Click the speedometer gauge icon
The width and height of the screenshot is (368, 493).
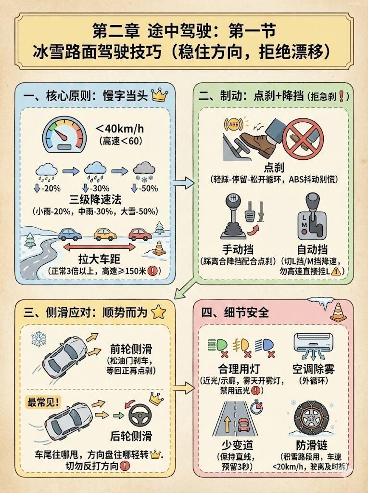(x=64, y=135)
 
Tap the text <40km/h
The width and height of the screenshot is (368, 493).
(x=120, y=129)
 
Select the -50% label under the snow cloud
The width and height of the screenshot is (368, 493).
(x=145, y=188)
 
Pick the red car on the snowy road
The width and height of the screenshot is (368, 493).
(x=140, y=234)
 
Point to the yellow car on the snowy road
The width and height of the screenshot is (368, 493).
(x=105, y=234)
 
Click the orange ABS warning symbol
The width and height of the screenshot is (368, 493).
(x=233, y=124)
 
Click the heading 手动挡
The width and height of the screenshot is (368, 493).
(x=238, y=250)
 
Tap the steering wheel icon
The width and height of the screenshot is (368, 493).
(x=140, y=416)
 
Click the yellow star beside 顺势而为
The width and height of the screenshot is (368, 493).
(x=158, y=312)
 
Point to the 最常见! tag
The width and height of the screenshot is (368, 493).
(x=43, y=402)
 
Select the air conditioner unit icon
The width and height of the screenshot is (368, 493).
(x=313, y=343)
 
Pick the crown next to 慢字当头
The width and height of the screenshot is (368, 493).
(x=160, y=95)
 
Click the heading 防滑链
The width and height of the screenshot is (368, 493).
(x=311, y=445)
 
